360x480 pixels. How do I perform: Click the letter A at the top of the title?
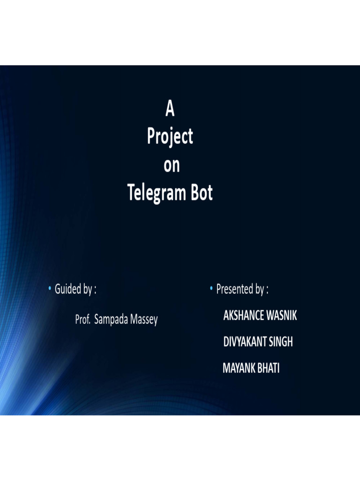[x=170, y=110]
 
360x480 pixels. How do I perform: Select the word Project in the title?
[x=170, y=137]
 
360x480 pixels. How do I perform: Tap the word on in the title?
[x=171, y=165]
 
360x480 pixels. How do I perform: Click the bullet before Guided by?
[x=49, y=289]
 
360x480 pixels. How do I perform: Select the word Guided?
[x=67, y=290]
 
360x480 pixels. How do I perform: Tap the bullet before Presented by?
[x=211, y=289]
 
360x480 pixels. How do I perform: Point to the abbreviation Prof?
[x=82, y=320]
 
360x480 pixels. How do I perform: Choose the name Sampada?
[x=113, y=321]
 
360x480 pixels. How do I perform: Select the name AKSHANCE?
[x=244, y=316]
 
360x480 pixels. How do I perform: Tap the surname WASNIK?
[x=282, y=316]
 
